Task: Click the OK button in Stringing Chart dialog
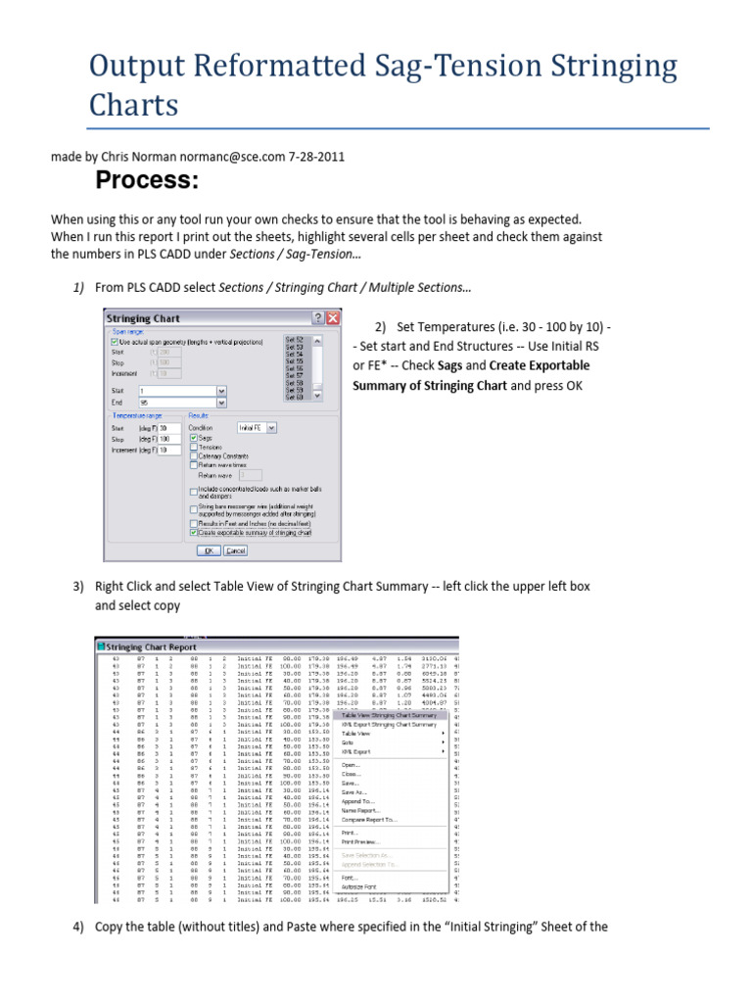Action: coord(208,550)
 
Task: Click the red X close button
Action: coord(333,318)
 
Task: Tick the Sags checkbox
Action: coord(193,438)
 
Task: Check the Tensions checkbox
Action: coord(193,447)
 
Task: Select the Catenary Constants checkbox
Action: coord(193,455)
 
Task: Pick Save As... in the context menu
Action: coord(353,791)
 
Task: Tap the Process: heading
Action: coord(146,181)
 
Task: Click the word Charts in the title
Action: coord(133,105)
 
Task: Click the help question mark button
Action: coord(318,318)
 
